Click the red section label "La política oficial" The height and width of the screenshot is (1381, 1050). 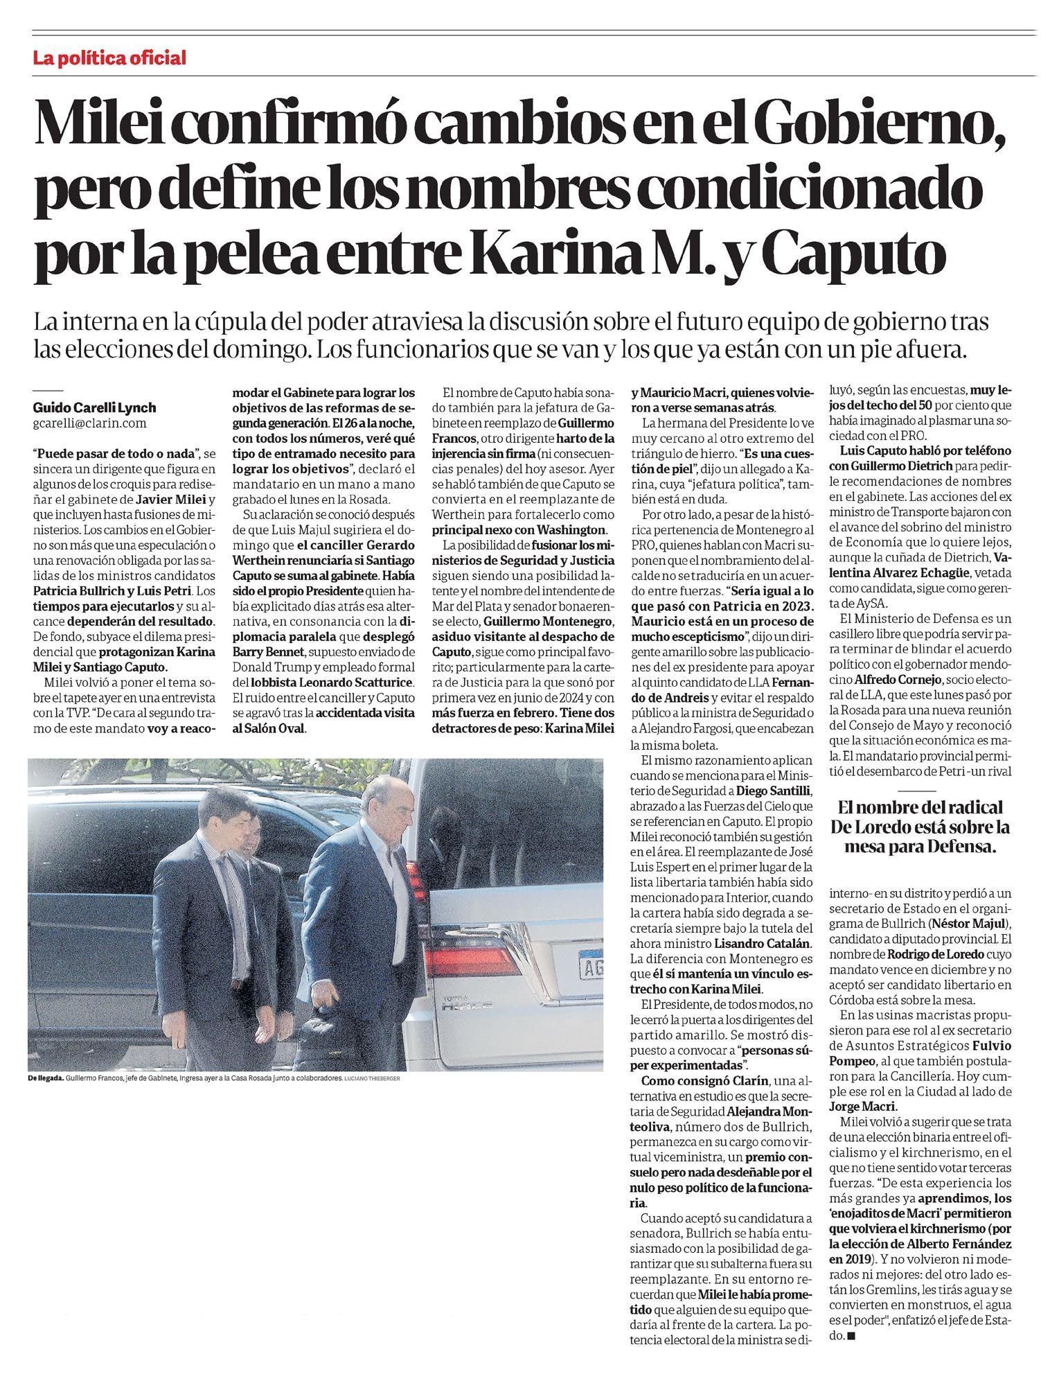(109, 58)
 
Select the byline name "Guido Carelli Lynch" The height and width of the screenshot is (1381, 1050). (94, 407)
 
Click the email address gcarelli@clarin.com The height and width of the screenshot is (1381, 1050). (90, 423)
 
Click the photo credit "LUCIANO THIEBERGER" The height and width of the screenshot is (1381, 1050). (372, 1079)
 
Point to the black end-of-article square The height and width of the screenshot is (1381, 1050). (851, 1336)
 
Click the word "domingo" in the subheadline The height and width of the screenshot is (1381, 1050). (267, 349)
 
